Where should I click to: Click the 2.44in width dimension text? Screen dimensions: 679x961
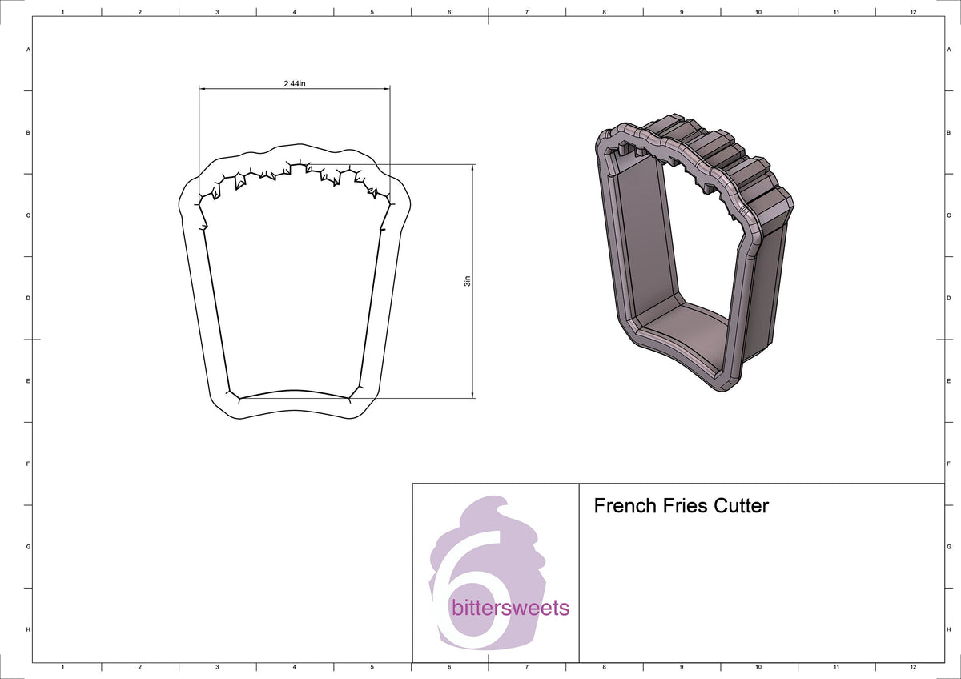[x=294, y=83]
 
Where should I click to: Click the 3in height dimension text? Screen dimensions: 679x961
[x=468, y=281]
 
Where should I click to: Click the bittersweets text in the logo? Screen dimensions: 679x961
[x=511, y=608]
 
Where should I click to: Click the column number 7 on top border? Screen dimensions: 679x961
[x=526, y=12]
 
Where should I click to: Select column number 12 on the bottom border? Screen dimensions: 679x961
[x=913, y=667]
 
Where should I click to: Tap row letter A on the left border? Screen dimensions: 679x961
[x=29, y=50]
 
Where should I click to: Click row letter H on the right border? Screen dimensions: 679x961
[x=948, y=629]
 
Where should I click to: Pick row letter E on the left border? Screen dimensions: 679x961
[x=29, y=381]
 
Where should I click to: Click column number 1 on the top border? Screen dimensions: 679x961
[x=62, y=12]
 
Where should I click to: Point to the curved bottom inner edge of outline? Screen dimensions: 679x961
[x=290, y=392]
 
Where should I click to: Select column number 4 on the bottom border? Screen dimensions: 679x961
[x=294, y=667]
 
